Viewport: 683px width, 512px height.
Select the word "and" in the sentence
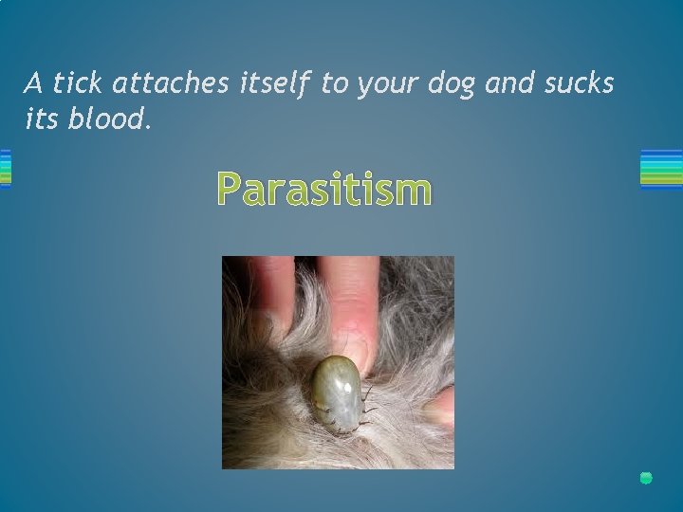[x=510, y=84]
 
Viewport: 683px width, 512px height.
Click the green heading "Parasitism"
[x=324, y=189]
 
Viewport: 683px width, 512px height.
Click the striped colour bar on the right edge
[x=661, y=169]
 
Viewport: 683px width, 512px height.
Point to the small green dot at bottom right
[x=646, y=478]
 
